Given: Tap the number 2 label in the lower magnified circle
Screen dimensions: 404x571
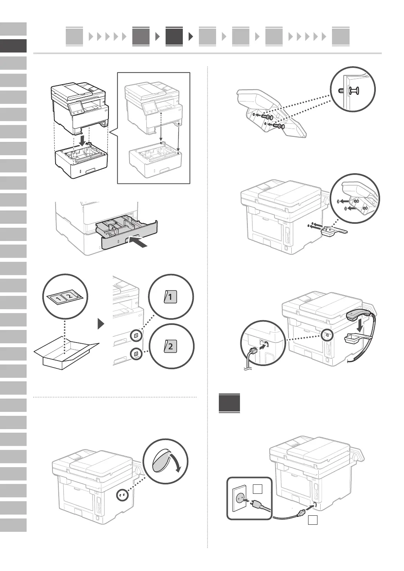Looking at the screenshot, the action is tap(171, 346).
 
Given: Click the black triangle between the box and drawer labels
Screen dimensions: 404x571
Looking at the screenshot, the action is tap(101, 324).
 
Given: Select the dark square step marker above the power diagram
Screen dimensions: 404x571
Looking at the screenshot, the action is tap(229, 403).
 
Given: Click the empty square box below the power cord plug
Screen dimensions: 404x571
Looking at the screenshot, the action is tap(312, 520).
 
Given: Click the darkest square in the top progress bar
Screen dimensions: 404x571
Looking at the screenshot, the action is tap(174, 36).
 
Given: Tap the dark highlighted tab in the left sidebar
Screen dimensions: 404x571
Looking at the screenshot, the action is tap(13, 46).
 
